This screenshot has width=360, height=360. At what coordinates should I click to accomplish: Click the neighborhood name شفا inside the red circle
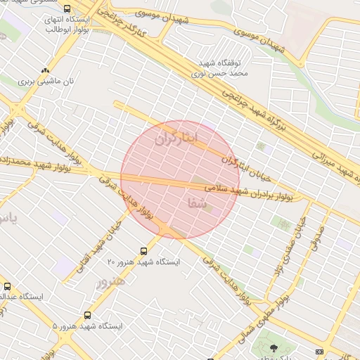point(198,204)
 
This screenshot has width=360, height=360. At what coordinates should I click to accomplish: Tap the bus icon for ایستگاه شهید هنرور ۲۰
point(144,250)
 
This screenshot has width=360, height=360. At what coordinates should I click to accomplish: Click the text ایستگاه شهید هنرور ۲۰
point(143,262)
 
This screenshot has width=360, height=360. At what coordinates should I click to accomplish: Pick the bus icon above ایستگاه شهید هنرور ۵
point(87,316)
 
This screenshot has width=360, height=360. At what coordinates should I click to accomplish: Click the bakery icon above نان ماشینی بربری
point(46,70)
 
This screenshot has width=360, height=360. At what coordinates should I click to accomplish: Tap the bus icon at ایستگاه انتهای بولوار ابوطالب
point(67,9)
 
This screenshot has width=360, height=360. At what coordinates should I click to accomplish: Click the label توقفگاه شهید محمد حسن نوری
point(220,67)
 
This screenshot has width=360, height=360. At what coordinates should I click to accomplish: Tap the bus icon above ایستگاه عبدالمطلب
point(8,286)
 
